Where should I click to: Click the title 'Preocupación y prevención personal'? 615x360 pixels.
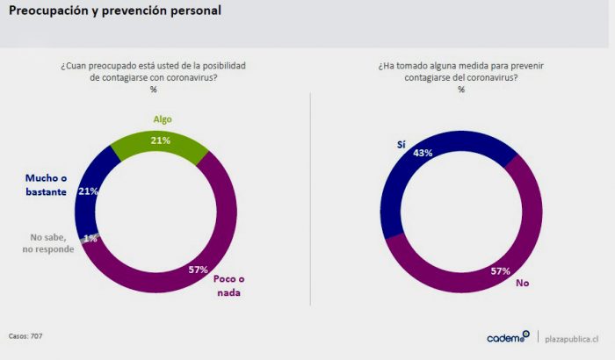(114, 11)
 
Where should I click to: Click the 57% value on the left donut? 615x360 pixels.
(199, 270)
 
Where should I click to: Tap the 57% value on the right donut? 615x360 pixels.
(500, 270)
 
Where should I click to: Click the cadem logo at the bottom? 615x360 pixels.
(508, 337)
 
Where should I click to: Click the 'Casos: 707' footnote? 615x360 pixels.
(25, 336)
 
